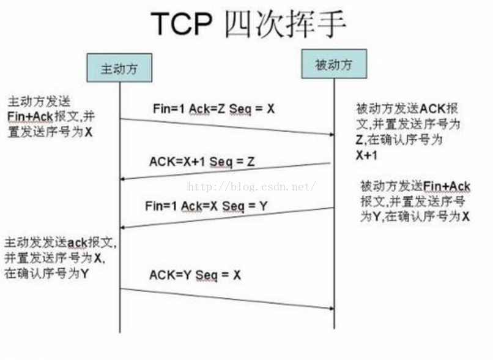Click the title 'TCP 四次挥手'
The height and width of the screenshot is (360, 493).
coord(248,24)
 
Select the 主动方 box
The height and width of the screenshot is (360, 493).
coord(119,68)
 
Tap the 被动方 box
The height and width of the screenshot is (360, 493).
coord(333,64)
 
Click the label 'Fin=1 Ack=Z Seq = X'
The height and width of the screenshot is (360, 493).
coord(213,108)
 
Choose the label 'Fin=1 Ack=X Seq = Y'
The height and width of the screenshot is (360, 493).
coord(206,206)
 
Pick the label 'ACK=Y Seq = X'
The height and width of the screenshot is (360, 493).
coord(195,275)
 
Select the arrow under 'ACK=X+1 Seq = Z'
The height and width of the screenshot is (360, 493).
coord(226,171)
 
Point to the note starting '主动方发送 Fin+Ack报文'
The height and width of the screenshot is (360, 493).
coord(51,116)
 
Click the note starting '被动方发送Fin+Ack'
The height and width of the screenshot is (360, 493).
coord(415,201)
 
